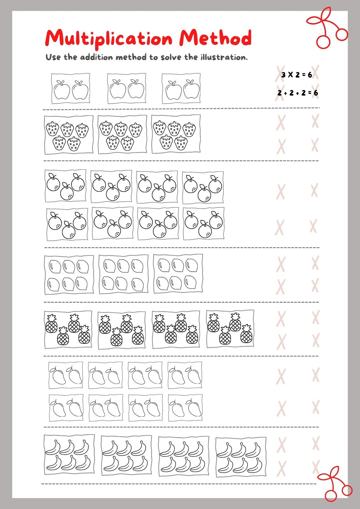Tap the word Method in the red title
215,38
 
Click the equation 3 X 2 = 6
297,75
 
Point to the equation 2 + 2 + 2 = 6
298,93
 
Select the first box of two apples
71,88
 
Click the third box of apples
181,88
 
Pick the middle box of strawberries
122,135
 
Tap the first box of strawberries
68,135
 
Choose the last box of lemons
178,274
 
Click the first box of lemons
69,275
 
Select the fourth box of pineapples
230,329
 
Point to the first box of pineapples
68,329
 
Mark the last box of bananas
241,457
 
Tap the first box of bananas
69,455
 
